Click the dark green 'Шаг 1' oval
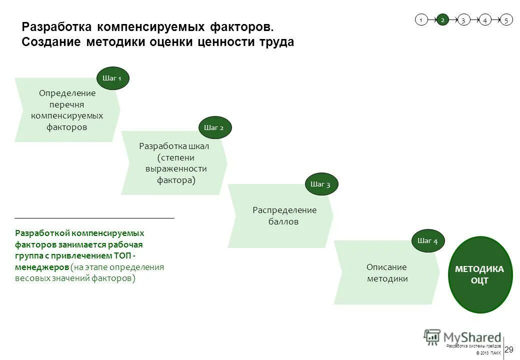point(112,78)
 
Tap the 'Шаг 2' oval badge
point(215,127)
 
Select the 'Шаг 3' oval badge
point(321,184)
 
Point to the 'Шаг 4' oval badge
point(427,241)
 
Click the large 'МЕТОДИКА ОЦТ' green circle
point(480,274)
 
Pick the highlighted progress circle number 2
point(442,20)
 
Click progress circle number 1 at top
point(421,20)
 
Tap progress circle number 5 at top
point(506,20)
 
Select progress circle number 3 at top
point(463,20)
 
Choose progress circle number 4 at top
point(485,20)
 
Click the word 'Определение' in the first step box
point(67,93)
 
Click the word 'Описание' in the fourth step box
point(386,267)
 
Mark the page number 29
point(509,349)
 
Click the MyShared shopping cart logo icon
point(432,337)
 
